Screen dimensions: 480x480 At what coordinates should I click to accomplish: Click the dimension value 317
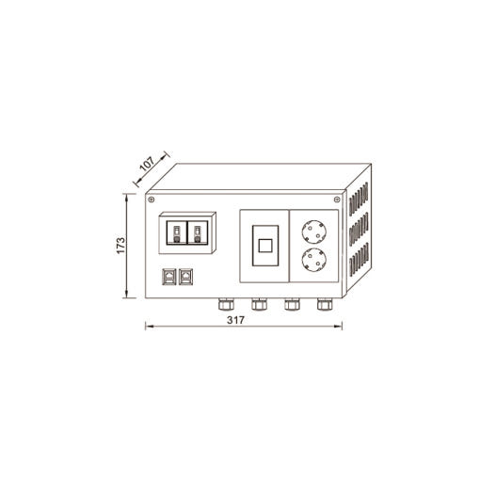[x=235, y=320]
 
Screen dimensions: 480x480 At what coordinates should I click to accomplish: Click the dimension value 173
[x=120, y=246]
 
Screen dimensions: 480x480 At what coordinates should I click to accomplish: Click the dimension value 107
[x=147, y=164]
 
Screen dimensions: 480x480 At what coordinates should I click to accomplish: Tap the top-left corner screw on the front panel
[x=152, y=200]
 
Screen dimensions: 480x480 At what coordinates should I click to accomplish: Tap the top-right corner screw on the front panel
[x=337, y=200]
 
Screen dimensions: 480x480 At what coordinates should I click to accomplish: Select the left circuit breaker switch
[x=176, y=232]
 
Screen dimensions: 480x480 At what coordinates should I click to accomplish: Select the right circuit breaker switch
[x=198, y=232]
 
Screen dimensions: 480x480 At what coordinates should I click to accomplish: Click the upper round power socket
[x=313, y=232]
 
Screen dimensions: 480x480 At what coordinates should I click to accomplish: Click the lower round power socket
[x=313, y=260]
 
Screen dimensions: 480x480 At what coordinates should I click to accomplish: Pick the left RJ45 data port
[x=169, y=277]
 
